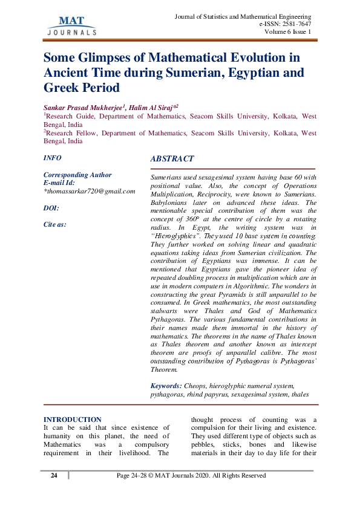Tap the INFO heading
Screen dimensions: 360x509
[53, 157]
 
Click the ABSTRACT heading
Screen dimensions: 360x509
[172, 159]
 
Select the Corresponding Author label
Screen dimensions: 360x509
[77, 175]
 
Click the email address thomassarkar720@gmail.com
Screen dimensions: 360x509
[90, 190]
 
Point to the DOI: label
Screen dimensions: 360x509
[51, 208]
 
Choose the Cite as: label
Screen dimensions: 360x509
[55, 224]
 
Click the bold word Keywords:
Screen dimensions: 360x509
[165, 385]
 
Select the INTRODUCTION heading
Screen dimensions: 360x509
[73, 420]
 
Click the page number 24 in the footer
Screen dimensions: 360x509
[54, 476]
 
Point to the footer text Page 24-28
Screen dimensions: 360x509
[134, 476]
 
